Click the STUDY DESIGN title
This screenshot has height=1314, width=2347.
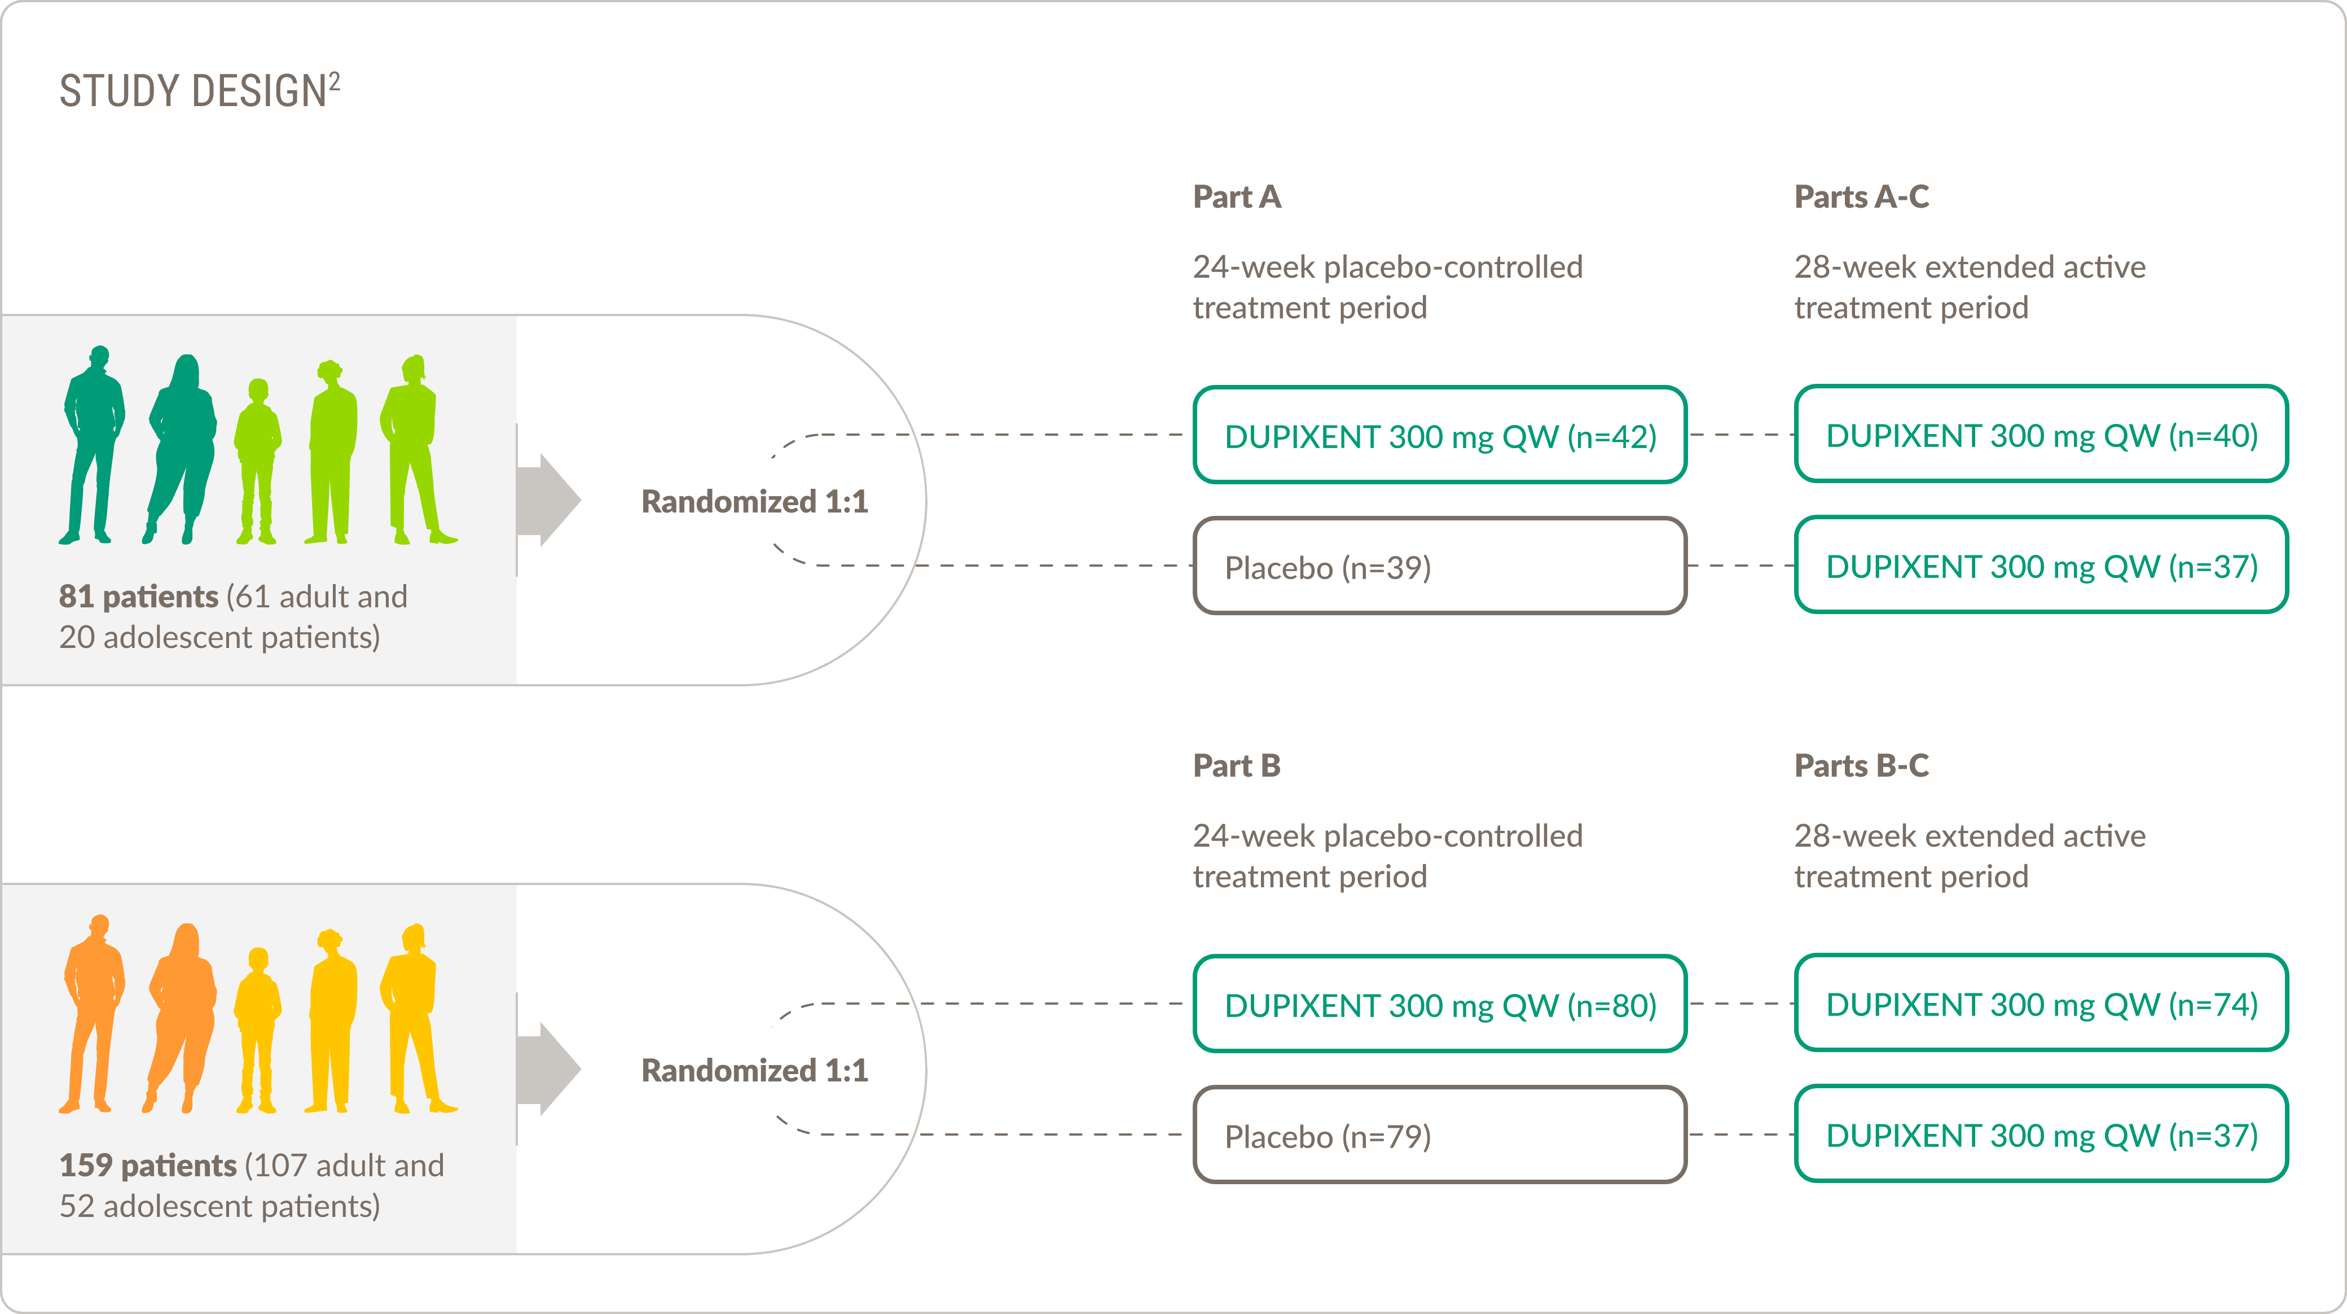coord(192,92)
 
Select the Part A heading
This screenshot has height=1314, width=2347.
coord(1236,197)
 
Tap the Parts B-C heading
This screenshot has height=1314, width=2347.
coord(1861,765)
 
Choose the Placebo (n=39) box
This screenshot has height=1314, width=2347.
coord(1440,567)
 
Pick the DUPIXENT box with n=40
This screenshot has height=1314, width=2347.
coord(2041,435)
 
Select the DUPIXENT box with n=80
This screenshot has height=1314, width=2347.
coord(1440,1004)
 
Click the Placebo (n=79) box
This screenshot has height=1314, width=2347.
coord(1440,1136)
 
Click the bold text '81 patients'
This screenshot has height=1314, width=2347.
coord(138,597)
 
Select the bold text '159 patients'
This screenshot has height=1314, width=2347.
coord(148,1166)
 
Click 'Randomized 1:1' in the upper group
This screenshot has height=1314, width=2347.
coord(754,501)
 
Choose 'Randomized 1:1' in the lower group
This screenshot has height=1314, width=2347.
coord(754,1070)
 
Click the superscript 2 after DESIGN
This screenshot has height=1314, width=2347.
coord(335,82)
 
